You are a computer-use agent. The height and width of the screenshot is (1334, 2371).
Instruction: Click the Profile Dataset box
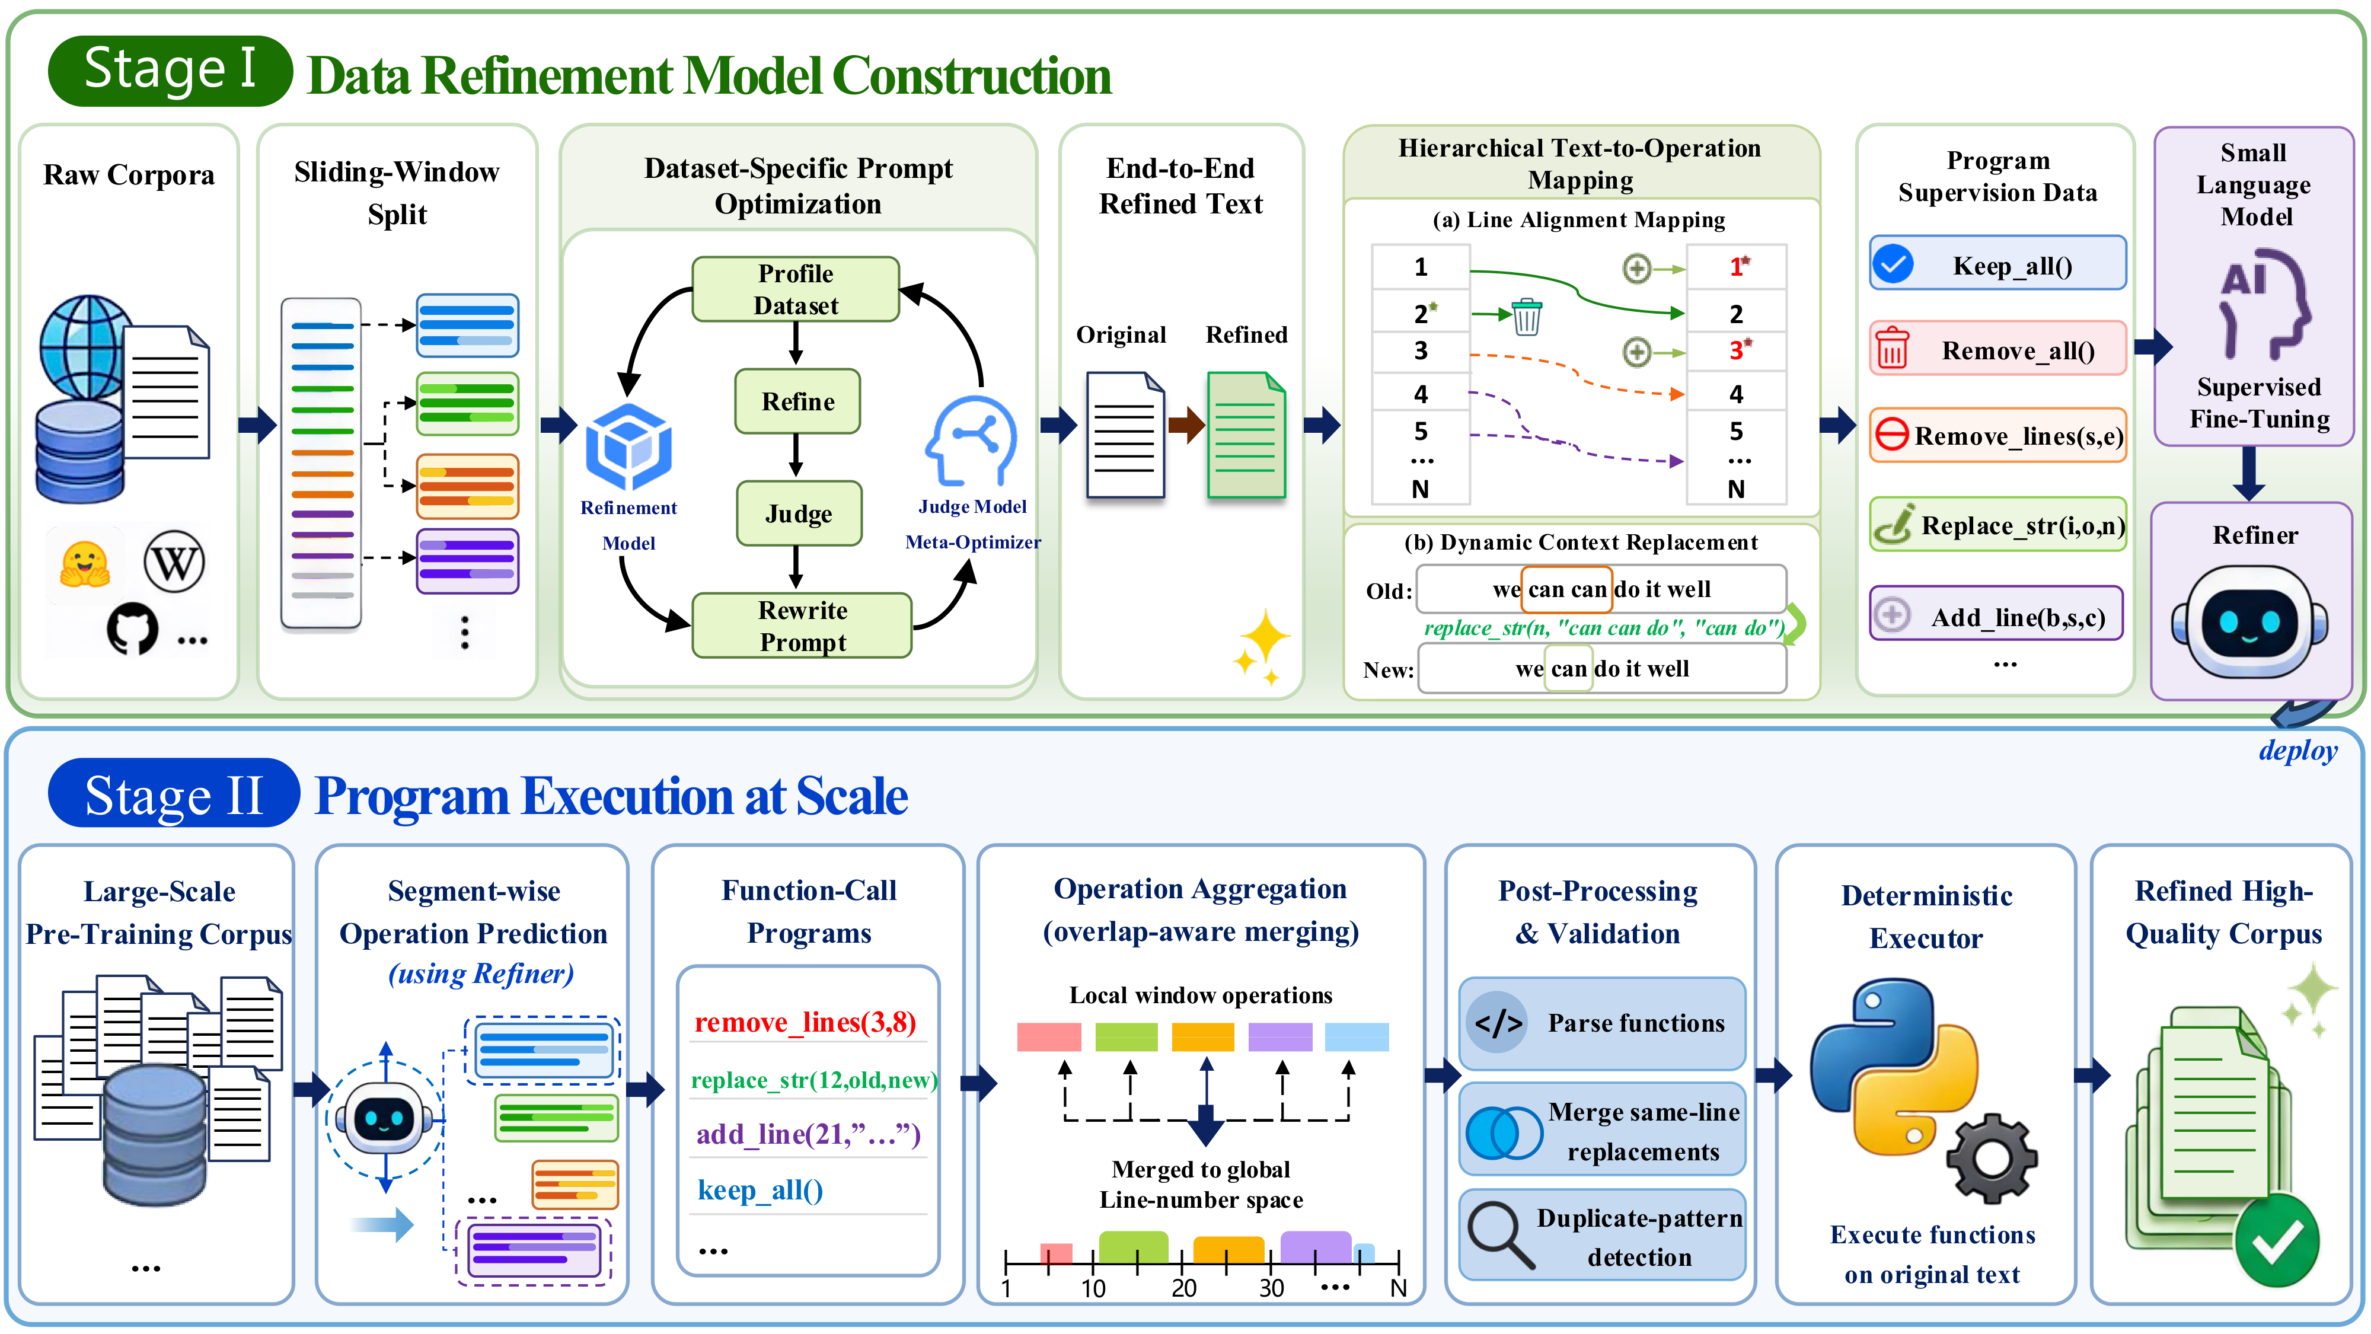click(795, 289)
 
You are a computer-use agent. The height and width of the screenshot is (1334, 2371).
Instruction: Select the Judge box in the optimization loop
click(799, 513)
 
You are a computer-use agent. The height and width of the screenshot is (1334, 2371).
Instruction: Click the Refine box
click(797, 401)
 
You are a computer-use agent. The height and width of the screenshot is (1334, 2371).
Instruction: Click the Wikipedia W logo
click(174, 561)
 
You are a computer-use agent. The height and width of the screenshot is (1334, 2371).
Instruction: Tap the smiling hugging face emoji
click(85, 563)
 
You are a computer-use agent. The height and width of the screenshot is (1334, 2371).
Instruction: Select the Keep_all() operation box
click(1997, 264)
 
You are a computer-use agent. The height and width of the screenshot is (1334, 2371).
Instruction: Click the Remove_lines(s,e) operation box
click(1997, 435)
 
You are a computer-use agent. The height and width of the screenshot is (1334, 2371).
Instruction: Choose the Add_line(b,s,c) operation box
click(1996, 614)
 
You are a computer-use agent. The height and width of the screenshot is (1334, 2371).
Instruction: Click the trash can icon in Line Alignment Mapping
click(1526, 317)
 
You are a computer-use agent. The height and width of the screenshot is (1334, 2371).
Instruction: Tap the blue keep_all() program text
click(760, 1191)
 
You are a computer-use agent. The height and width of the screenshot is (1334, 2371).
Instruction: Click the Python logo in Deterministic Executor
click(1894, 1066)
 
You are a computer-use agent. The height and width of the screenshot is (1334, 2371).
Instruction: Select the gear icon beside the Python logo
click(1992, 1158)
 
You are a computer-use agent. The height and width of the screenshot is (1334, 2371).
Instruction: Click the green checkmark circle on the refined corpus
click(2277, 1240)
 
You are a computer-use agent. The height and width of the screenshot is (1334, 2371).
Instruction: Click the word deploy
click(2297, 751)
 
